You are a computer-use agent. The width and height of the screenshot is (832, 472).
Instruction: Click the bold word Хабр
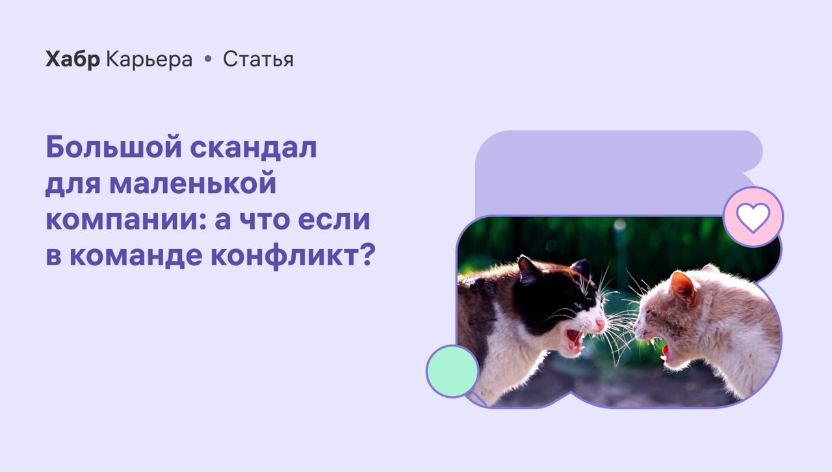(x=73, y=59)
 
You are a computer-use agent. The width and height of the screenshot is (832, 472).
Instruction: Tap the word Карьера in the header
(x=149, y=59)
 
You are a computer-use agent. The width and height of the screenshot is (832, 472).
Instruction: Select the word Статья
(x=258, y=59)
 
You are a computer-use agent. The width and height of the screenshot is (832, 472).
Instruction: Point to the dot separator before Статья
(x=208, y=59)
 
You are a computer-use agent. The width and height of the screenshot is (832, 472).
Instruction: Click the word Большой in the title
(x=114, y=147)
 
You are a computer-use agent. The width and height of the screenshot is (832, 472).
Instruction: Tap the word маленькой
(x=193, y=183)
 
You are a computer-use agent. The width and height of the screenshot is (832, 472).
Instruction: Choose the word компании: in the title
(x=127, y=220)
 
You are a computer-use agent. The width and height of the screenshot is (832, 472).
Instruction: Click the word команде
(x=136, y=256)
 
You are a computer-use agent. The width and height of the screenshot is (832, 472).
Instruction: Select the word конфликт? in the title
(x=293, y=256)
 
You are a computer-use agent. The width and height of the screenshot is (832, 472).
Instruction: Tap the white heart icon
(x=753, y=217)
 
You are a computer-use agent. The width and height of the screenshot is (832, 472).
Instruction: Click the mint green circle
(x=452, y=371)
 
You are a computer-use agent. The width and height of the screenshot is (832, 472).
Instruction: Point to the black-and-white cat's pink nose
(x=600, y=324)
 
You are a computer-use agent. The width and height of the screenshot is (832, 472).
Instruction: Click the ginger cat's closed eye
(x=651, y=311)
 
